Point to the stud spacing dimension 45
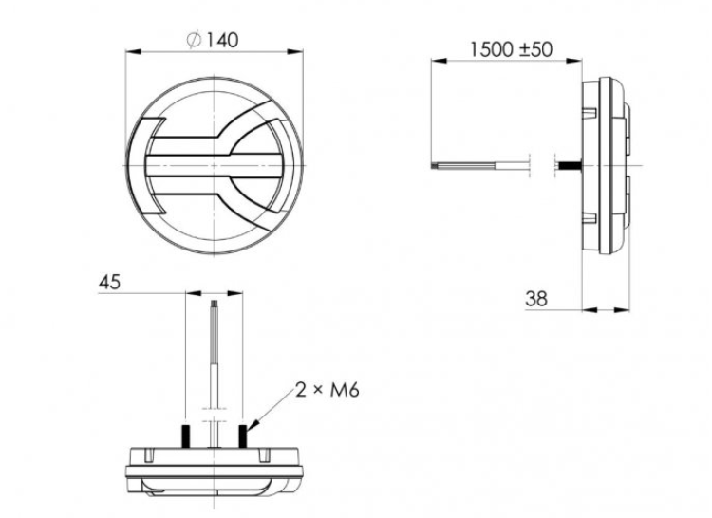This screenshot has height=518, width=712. point(111,282)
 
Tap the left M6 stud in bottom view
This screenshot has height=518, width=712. point(187,435)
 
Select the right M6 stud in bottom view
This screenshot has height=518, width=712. point(245,435)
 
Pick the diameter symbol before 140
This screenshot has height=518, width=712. point(194,40)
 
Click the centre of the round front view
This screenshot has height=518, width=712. point(219,167)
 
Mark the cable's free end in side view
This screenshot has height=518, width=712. point(434,167)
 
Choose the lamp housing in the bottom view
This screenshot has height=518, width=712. point(216,469)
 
